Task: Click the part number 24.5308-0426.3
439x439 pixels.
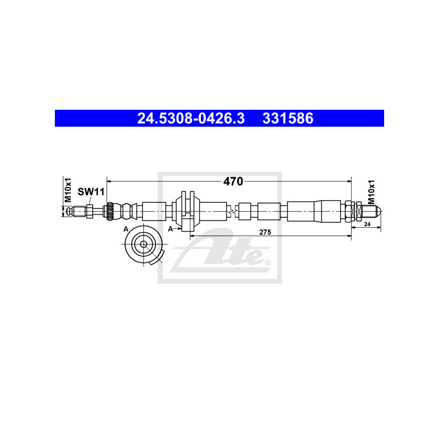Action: (x=190, y=119)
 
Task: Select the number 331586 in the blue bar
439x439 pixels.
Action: (x=288, y=119)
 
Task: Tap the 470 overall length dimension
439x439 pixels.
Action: (x=233, y=182)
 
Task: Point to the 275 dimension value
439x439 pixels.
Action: (x=265, y=232)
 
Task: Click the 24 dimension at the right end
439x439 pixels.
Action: (x=367, y=224)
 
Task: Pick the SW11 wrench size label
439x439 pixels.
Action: (x=91, y=192)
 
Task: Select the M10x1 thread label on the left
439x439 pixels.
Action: (x=68, y=189)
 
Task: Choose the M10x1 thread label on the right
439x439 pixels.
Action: (x=371, y=192)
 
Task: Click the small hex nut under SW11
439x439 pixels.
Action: (x=89, y=211)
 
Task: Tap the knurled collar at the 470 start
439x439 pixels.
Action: (x=110, y=211)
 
